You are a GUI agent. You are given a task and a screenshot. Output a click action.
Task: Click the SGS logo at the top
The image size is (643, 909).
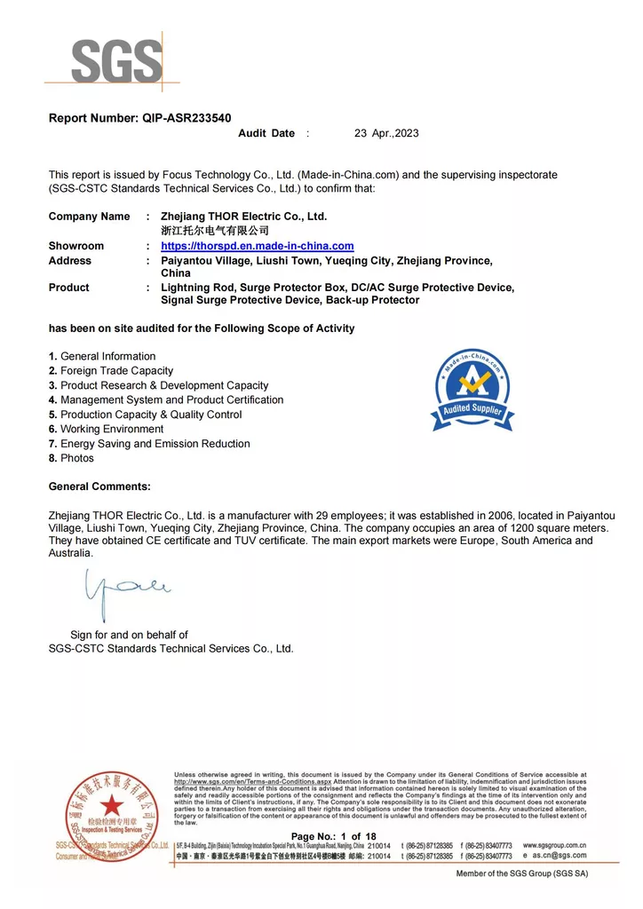116,60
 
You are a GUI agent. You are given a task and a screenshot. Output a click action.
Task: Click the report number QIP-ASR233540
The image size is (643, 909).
139,118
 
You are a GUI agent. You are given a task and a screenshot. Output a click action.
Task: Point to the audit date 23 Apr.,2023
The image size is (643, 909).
386,133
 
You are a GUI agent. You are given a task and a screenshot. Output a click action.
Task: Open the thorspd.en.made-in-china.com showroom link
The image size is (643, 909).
257,246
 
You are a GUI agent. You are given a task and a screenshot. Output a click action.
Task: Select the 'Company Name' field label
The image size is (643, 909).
89,217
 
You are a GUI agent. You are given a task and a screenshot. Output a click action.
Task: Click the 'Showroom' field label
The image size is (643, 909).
76,246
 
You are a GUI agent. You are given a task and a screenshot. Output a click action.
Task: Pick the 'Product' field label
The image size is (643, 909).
69,288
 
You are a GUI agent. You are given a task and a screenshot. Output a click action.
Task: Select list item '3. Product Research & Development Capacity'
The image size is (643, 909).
158,385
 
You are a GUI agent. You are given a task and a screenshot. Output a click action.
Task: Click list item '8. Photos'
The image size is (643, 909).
71,458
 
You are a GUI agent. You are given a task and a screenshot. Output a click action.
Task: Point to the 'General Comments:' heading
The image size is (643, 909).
99,486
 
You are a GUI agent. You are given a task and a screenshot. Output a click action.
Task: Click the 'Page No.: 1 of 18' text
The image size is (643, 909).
334,837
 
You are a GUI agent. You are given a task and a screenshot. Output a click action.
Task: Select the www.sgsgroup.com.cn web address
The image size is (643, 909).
555,845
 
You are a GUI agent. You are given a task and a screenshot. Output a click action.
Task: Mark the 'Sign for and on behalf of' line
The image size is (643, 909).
129,635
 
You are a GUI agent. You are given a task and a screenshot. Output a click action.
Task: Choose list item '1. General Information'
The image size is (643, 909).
102,356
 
